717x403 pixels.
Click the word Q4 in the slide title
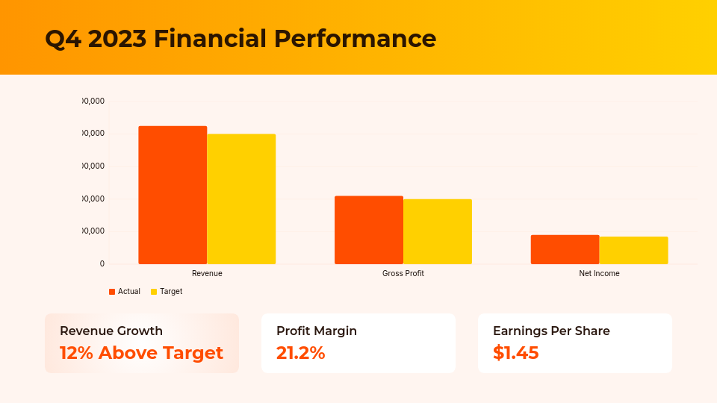click(63, 39)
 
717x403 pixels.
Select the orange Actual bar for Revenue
click(173, 195)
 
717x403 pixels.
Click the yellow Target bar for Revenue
click(241, 199)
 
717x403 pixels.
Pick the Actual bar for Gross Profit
click(369, 230)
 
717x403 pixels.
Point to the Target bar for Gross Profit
click(438, 231)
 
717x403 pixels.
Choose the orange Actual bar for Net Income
click(565, 249)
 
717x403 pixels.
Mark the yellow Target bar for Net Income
click(633, 250)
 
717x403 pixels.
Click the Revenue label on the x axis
click(207, 274)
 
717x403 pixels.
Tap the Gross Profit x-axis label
click(403, 274)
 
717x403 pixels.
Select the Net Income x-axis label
click(599, 274)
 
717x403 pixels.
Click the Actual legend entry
click(125, 292)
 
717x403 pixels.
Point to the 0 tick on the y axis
click(102, 264)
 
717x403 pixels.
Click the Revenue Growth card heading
click(111, 331)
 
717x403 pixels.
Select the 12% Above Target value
click(141, 353)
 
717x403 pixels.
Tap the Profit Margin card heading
click(317, 331)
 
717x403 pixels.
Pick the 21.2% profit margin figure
click(300, 353)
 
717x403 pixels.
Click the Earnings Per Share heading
click(551, 331)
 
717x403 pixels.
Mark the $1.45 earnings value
click(515, 353)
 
